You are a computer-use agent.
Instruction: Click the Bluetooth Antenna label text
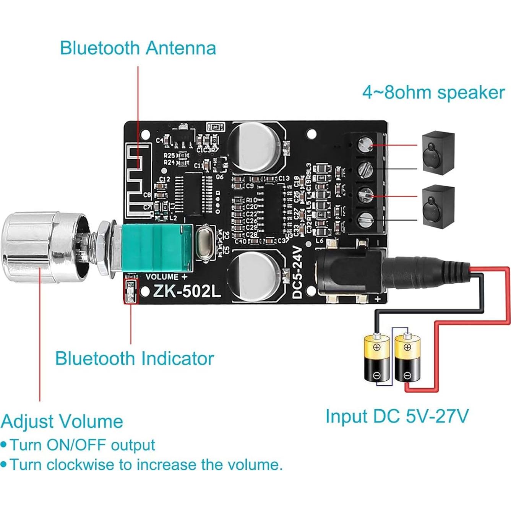pos(138,48)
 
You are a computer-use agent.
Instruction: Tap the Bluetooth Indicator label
pos(134,359)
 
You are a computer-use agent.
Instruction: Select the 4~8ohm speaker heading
pos(433,92)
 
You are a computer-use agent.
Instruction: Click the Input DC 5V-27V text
pos(397,416)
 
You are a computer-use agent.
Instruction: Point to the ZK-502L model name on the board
pos(187,292)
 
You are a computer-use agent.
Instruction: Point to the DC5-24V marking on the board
pos(297,272)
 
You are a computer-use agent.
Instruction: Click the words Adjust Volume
pos(62,422)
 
